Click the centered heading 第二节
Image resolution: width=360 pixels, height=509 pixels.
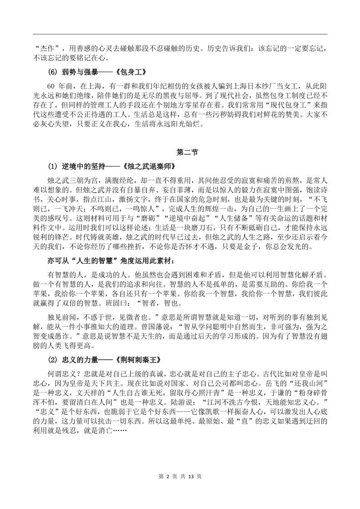(180, 152)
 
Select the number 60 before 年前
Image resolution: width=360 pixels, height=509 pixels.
(50, 86)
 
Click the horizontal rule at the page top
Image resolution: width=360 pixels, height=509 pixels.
(180, 34)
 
